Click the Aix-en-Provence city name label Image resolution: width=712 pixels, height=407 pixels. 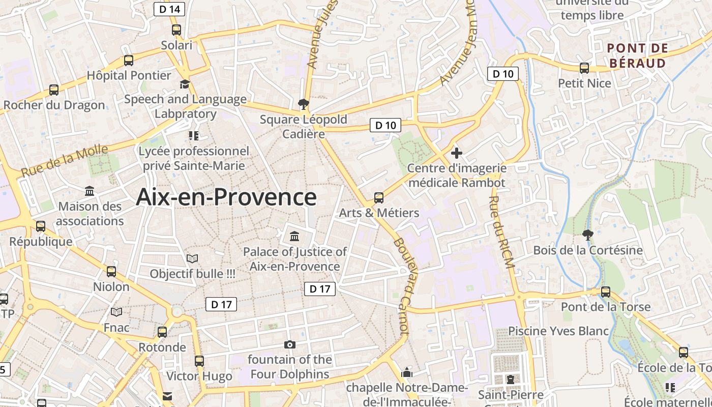(226, 197)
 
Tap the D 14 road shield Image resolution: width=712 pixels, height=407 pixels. (169, 9)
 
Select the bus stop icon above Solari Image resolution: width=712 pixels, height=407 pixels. (176, 30)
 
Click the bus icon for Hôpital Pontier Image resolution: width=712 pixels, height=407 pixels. (129, 61)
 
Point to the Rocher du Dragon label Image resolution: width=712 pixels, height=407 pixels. (54, 105)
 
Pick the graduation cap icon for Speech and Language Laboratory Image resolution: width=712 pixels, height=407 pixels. (185, 84)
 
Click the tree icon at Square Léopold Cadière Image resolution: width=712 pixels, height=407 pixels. (304, 104)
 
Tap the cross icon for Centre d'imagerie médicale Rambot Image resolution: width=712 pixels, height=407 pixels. (457, 153)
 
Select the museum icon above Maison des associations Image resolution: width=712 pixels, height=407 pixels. (90, 191)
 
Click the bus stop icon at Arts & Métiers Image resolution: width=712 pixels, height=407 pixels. (379, 197)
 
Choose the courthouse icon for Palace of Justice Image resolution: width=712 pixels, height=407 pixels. (294, 237)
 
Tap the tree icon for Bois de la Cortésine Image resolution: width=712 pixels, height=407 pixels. (587, 235)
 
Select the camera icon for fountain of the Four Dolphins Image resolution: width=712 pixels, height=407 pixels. (290, 345)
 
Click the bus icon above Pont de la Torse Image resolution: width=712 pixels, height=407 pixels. (606, 292)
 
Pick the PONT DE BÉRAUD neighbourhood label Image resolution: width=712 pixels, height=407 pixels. (637, 55)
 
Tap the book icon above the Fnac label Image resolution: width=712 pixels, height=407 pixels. (116, 312)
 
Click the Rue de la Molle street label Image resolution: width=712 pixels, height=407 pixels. (65, 161)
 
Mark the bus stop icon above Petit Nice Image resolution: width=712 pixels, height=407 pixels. (584, 68)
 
